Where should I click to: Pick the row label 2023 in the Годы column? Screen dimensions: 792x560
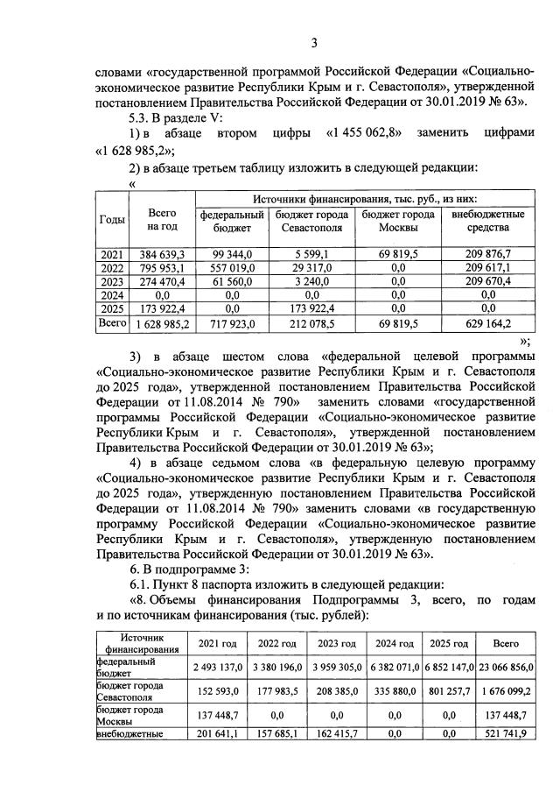110,281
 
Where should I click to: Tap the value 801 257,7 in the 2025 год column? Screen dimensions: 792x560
449,690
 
